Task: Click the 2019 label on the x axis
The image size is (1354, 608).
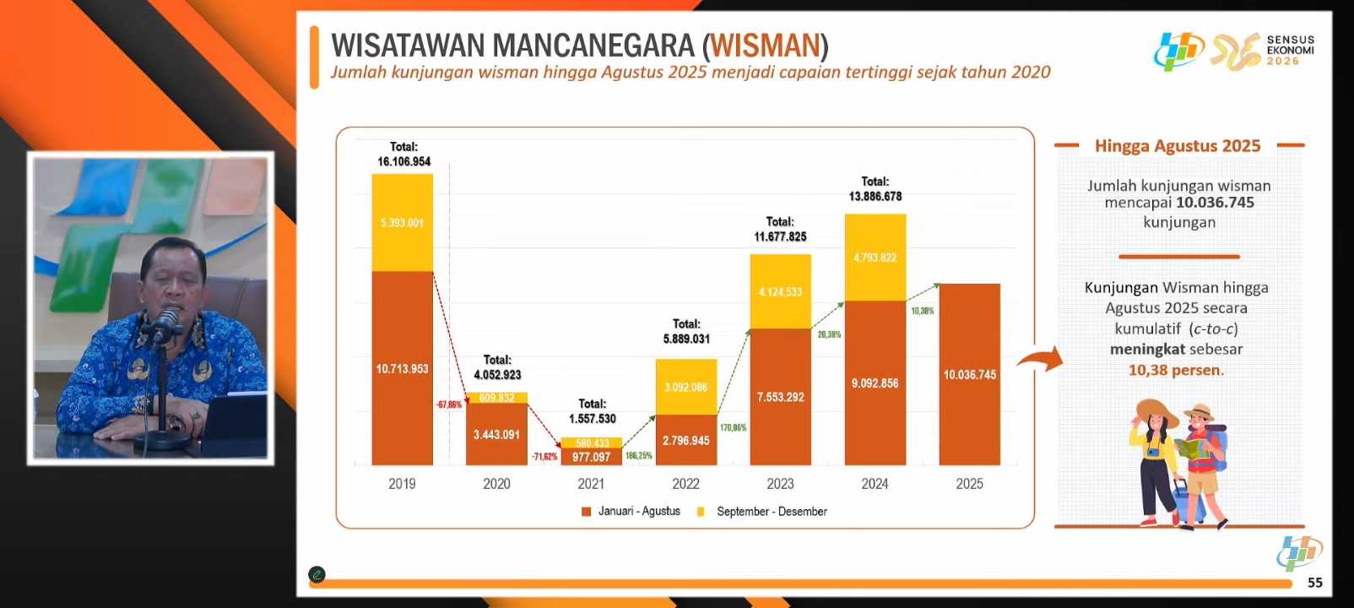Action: coord(402,484)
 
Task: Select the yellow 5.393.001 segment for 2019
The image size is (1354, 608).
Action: coord(402,223)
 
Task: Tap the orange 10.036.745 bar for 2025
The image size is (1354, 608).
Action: coord(969,374)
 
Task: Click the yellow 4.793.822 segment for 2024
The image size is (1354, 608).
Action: coord(875,258)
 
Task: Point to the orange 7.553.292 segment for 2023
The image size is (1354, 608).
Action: coord(780,397)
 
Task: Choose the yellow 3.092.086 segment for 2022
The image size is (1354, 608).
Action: coord(685,387)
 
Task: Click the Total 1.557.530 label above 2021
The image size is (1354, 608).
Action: coord(592,411)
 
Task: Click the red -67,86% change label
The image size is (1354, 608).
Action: coord(449,404)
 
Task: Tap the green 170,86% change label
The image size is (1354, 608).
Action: coord(733,428)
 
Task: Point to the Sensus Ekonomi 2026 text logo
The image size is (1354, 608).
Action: coord(1290,50)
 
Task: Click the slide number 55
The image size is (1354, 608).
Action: coord(1314,583)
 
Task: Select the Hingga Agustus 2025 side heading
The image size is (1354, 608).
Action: coord(1178,146)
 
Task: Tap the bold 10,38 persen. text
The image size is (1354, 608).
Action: coord(1176,370)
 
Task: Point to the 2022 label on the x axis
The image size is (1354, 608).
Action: coord(685,484)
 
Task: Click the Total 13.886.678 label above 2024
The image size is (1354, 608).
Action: coord(875,189)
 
